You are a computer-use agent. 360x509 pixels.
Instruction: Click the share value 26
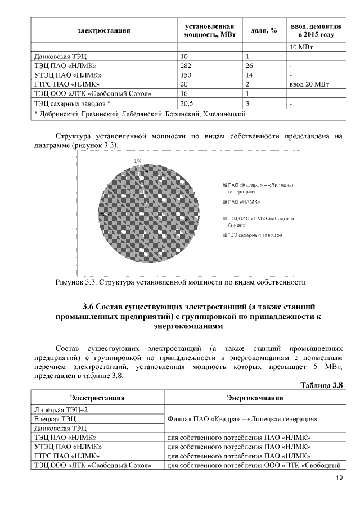[249, 65]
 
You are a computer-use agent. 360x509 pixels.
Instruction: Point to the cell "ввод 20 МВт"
[308, 84]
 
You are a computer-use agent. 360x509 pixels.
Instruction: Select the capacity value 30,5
[186, 103]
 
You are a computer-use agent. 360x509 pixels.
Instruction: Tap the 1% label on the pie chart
[137, 160]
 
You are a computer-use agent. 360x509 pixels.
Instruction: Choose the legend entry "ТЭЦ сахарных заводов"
[255, 234]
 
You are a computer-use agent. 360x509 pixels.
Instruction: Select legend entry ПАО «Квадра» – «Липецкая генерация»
[261, 188]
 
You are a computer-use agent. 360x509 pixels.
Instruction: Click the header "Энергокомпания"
[254, 398]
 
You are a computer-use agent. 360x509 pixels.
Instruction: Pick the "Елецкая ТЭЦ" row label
[55, 418]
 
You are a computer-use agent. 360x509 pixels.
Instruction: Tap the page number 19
[339, 478]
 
